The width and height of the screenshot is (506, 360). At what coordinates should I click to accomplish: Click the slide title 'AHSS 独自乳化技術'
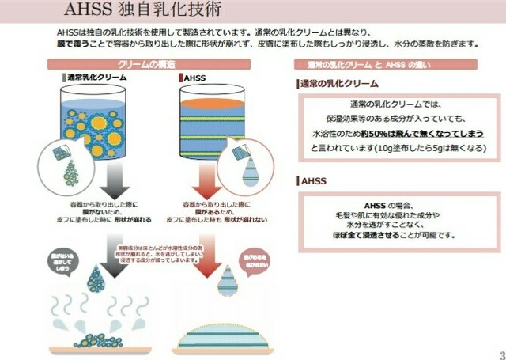tap(139, 12)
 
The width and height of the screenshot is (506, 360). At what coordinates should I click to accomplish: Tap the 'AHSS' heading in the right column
tap(310, 180)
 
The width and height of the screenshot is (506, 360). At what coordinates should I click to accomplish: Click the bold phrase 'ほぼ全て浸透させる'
tap(364, 235)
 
